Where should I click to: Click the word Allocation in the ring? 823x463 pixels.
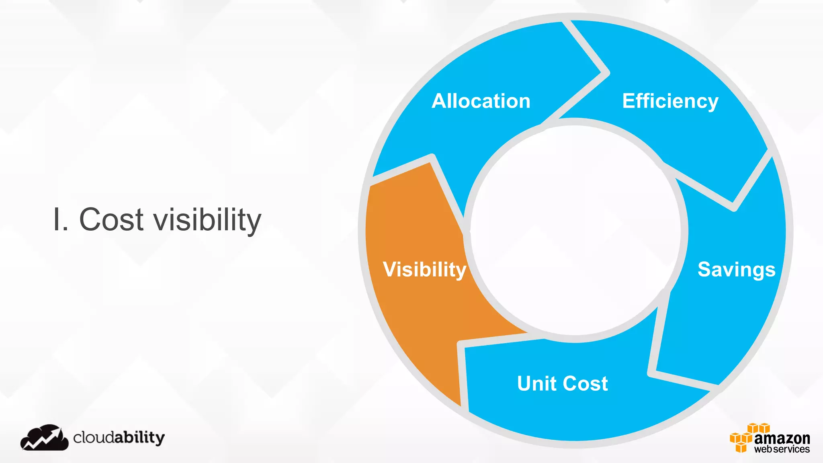point(481,101)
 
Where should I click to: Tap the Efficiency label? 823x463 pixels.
point(670,101)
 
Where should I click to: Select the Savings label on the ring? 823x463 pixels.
point(736,269)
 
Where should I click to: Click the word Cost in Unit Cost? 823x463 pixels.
point(586,383)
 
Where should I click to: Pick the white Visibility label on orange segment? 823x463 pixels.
point(424,269)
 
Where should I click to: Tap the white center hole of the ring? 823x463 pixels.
point(575,231)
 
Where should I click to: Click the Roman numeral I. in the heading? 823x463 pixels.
point(60,220)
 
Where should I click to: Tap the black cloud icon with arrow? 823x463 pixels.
point(44,438)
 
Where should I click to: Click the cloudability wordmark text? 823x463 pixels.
point(119,437)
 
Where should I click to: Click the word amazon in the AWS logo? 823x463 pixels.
point(782,438)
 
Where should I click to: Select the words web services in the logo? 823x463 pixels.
point(782,449)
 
